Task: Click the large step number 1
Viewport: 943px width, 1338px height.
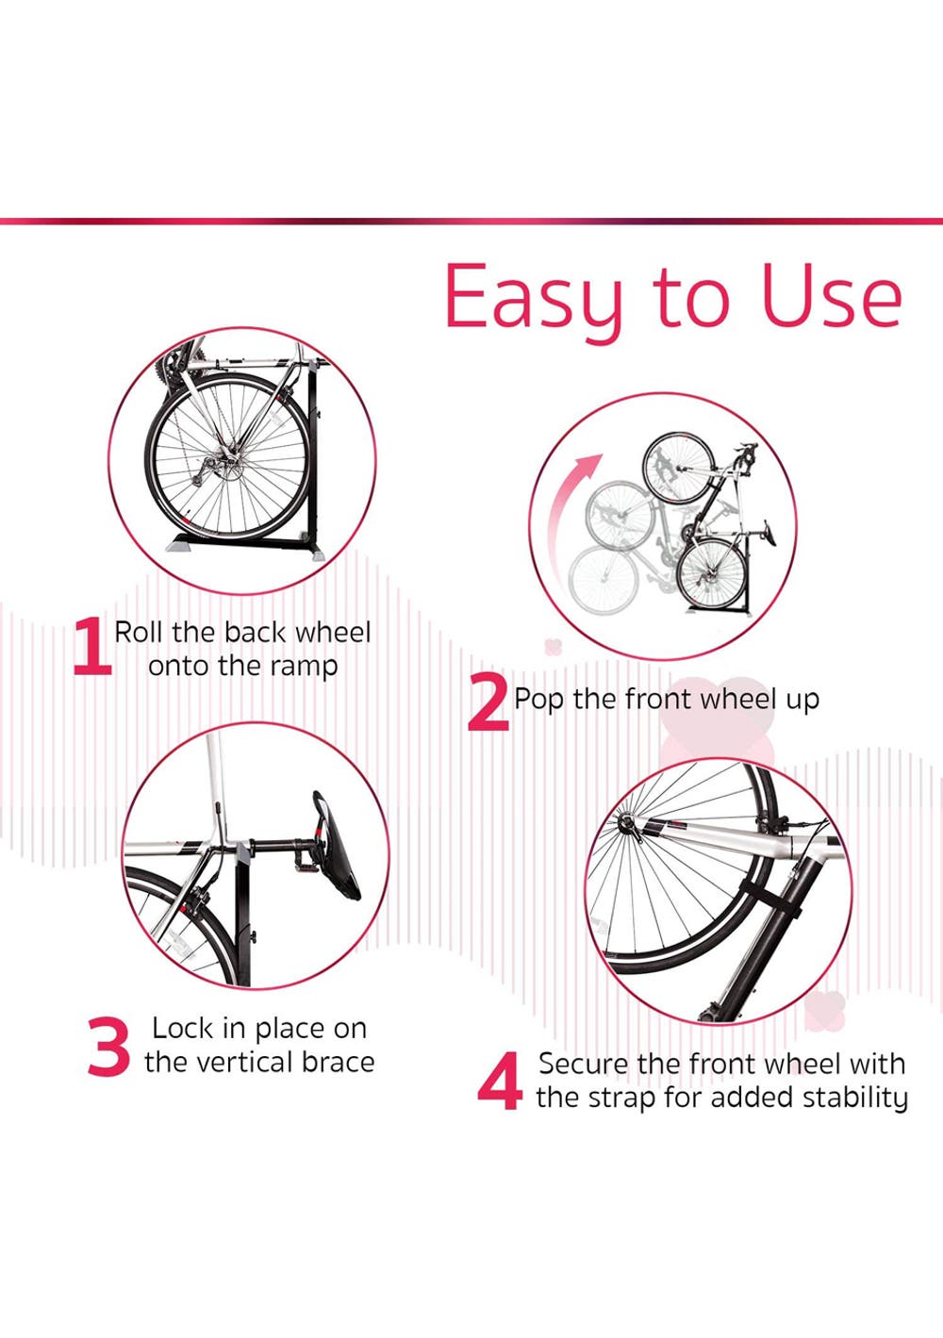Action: (92, 647)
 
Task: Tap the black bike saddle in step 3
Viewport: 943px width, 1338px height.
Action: (336, 846)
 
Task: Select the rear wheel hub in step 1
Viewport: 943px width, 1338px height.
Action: (229, 461)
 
